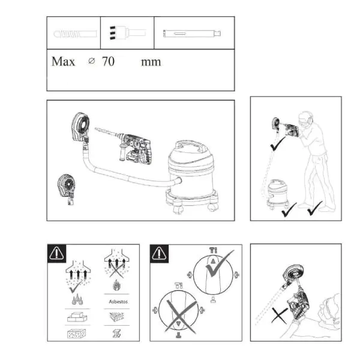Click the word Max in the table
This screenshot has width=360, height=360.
pyautogui.click(x=64, y=62)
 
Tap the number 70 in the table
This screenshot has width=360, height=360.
pyautogui.click(x=109, y=61)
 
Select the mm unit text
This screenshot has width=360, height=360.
pyautogui.click(x=151, y=62)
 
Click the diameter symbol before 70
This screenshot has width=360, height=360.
pyautogui.click(x=92, y=61)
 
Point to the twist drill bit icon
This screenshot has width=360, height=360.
pyautogui.click(x=75, y=34)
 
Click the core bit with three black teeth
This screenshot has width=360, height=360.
pyautogui.click(x=127, y=33)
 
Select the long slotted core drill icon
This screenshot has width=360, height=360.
pyautogui.click(x=192, y=34)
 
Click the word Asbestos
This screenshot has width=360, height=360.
pyautogui.click(x=118, y=302)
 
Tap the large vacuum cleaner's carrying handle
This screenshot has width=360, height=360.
pyautogui.click(x=190, y=146)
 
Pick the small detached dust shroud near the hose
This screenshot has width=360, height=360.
pyautogui.click(x=67, y=189)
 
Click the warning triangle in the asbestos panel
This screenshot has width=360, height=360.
pyautogui.click(x=56, y=253)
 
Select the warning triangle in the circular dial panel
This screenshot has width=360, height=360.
pyautogui.click(x=159, y=253)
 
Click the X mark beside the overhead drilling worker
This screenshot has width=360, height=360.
pyautogui.click(x=280, y=316)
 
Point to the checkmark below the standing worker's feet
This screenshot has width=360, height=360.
pyautogui.click(x=315, y=208)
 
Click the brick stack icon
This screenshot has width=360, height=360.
pyautogui.click(x=77, y=317)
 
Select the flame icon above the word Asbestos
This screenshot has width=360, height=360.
pyautogui.click(x=116, y=285)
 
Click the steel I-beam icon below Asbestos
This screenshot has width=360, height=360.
pyautogui.click(x=117, y=334)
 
